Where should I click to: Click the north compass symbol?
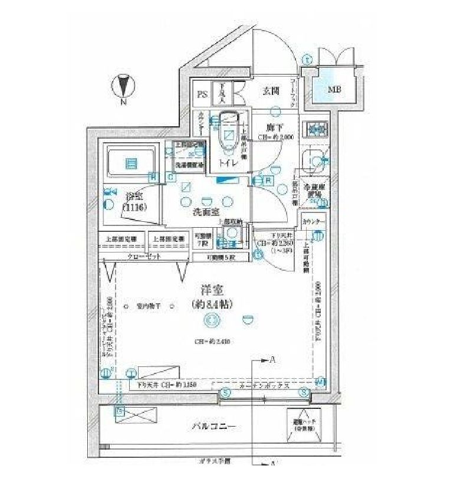tap(123, 87)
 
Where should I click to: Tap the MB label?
tap(334, 90)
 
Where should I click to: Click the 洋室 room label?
tap(211, 291)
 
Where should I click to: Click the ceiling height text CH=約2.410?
tap(211, 341)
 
